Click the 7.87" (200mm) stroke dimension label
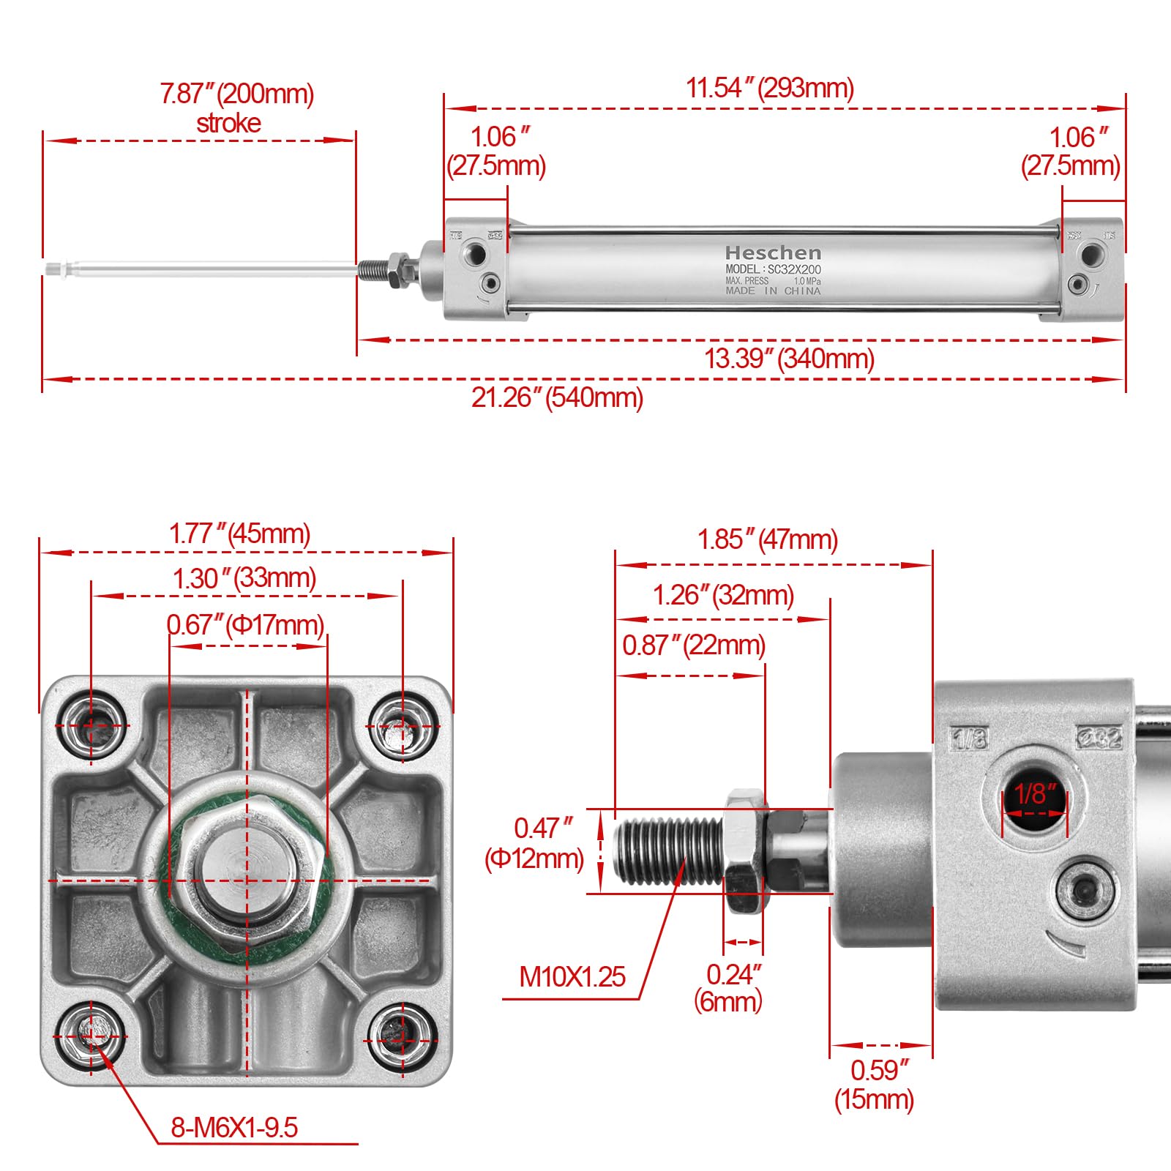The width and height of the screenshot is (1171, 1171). [x=236, y=108]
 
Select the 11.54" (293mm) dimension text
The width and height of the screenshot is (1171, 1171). [x=770, y=88]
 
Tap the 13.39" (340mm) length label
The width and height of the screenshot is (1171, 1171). [x=789, y=359]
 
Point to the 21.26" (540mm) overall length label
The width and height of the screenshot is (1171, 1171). [x=557, y=397]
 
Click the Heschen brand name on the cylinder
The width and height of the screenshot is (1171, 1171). [x=773, y=253]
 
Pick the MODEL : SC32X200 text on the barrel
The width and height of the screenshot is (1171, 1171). [x=773, y=269]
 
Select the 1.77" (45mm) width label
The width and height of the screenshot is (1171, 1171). [x=239, y=533]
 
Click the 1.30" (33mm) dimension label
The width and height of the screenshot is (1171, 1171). [x=244, y=578]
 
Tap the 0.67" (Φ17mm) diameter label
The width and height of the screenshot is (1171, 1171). [x=245, y=625]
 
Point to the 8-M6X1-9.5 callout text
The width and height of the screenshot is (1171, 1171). [x=234, y=1127]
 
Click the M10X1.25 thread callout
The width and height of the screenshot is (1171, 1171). [x=572, y=976]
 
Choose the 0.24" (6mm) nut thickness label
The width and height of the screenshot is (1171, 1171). [x=729, y=987]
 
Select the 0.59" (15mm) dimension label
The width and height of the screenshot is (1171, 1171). [x=875, y=1084]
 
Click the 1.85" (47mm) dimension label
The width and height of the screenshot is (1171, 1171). [x=767, y=539]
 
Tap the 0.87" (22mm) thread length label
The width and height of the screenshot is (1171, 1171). [x=693, y=645]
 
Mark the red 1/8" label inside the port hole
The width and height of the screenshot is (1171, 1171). [x=1035, y=793]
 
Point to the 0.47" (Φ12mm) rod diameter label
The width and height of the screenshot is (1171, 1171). [x=535, y=843]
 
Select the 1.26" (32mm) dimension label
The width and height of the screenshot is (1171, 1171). [x=722, y=595]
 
